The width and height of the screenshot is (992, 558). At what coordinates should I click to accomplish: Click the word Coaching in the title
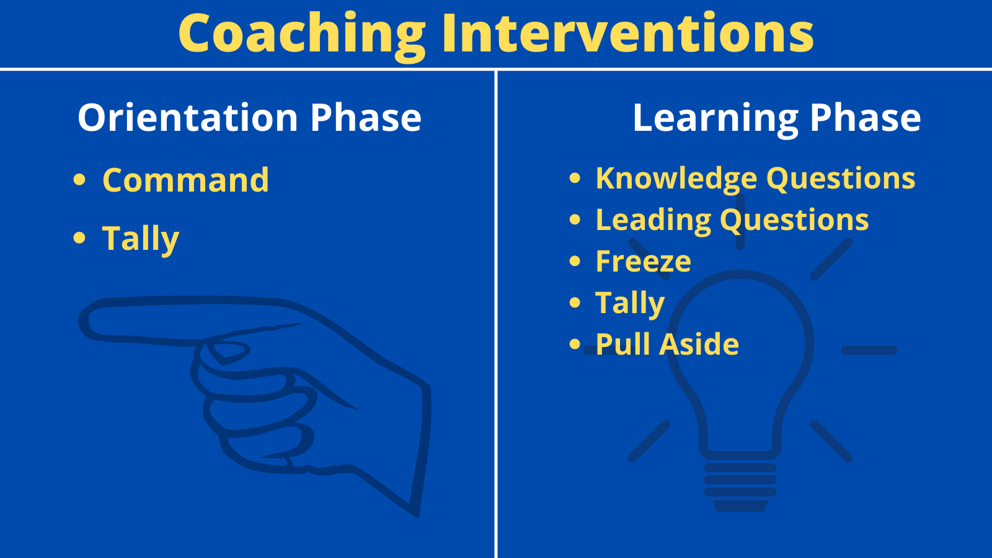click(x=301, y=35)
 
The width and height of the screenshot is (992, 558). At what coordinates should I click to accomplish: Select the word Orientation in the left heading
click(x=188, y=117)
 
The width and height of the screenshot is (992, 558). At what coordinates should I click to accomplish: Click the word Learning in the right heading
click(x=715, y=118)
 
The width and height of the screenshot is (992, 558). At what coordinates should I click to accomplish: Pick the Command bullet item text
click(x=185, y=180)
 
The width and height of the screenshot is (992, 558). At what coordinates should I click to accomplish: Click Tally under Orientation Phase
click(x=140, y=239)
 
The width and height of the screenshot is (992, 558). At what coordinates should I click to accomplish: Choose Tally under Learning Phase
click(x=630, y=303)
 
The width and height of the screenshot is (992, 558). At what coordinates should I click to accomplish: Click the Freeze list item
click(x=643, y=261)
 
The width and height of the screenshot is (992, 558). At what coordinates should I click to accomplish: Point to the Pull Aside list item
click(x=667, y=344)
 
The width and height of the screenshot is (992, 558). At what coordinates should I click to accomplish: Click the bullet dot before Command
click(x=79, y=179)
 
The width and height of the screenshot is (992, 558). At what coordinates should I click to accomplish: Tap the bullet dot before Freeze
click(x=575, y=261)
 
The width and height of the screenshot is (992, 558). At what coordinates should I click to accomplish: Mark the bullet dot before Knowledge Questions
click(x=575, y=178)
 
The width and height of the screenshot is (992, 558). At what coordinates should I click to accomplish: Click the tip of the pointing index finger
click(x=81, y=321)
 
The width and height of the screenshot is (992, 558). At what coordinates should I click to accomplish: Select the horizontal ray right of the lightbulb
click(x=869, y=350)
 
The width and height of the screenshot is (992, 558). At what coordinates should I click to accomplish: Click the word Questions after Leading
click(x=794, y=221)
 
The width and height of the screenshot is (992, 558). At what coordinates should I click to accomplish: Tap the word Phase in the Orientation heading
click(x=366, y=117)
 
